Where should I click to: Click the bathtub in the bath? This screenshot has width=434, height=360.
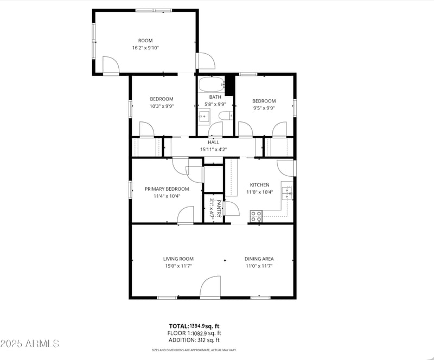210,85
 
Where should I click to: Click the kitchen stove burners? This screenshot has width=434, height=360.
256,216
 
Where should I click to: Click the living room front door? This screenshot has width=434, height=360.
210,288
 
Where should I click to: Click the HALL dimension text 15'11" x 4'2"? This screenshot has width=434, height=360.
214,149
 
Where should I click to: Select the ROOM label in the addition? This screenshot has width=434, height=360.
145,41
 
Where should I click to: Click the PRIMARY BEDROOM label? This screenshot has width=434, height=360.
167,189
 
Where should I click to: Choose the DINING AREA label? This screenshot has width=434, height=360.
259,259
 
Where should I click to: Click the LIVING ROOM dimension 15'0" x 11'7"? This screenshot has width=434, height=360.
178,266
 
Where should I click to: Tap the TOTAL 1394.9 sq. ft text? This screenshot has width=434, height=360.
195,326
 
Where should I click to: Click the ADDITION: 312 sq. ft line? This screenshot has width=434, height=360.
195,340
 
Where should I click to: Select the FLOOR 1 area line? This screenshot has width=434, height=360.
195,333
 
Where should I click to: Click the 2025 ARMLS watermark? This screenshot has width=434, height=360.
30,344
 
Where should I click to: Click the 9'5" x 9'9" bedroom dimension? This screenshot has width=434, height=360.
264,107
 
